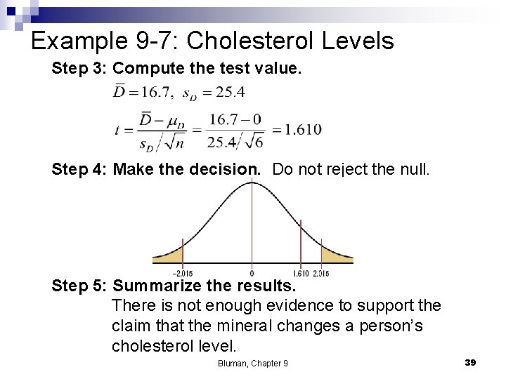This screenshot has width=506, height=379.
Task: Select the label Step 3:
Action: click(x=79, y=69)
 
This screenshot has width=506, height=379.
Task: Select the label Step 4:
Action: click(x=79, y=169)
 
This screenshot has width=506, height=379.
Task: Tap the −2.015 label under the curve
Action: click(x=182, y=273)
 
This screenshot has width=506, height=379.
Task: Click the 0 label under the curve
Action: click(x=252, y=273)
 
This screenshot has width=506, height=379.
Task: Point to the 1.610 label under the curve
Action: click(x=301, y=273)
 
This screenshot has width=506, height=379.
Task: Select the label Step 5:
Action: click(x=79, y=286)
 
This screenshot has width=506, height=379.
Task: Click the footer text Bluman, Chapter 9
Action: click(x=253, y=363)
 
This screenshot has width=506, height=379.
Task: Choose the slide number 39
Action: click(x=470, y=362)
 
